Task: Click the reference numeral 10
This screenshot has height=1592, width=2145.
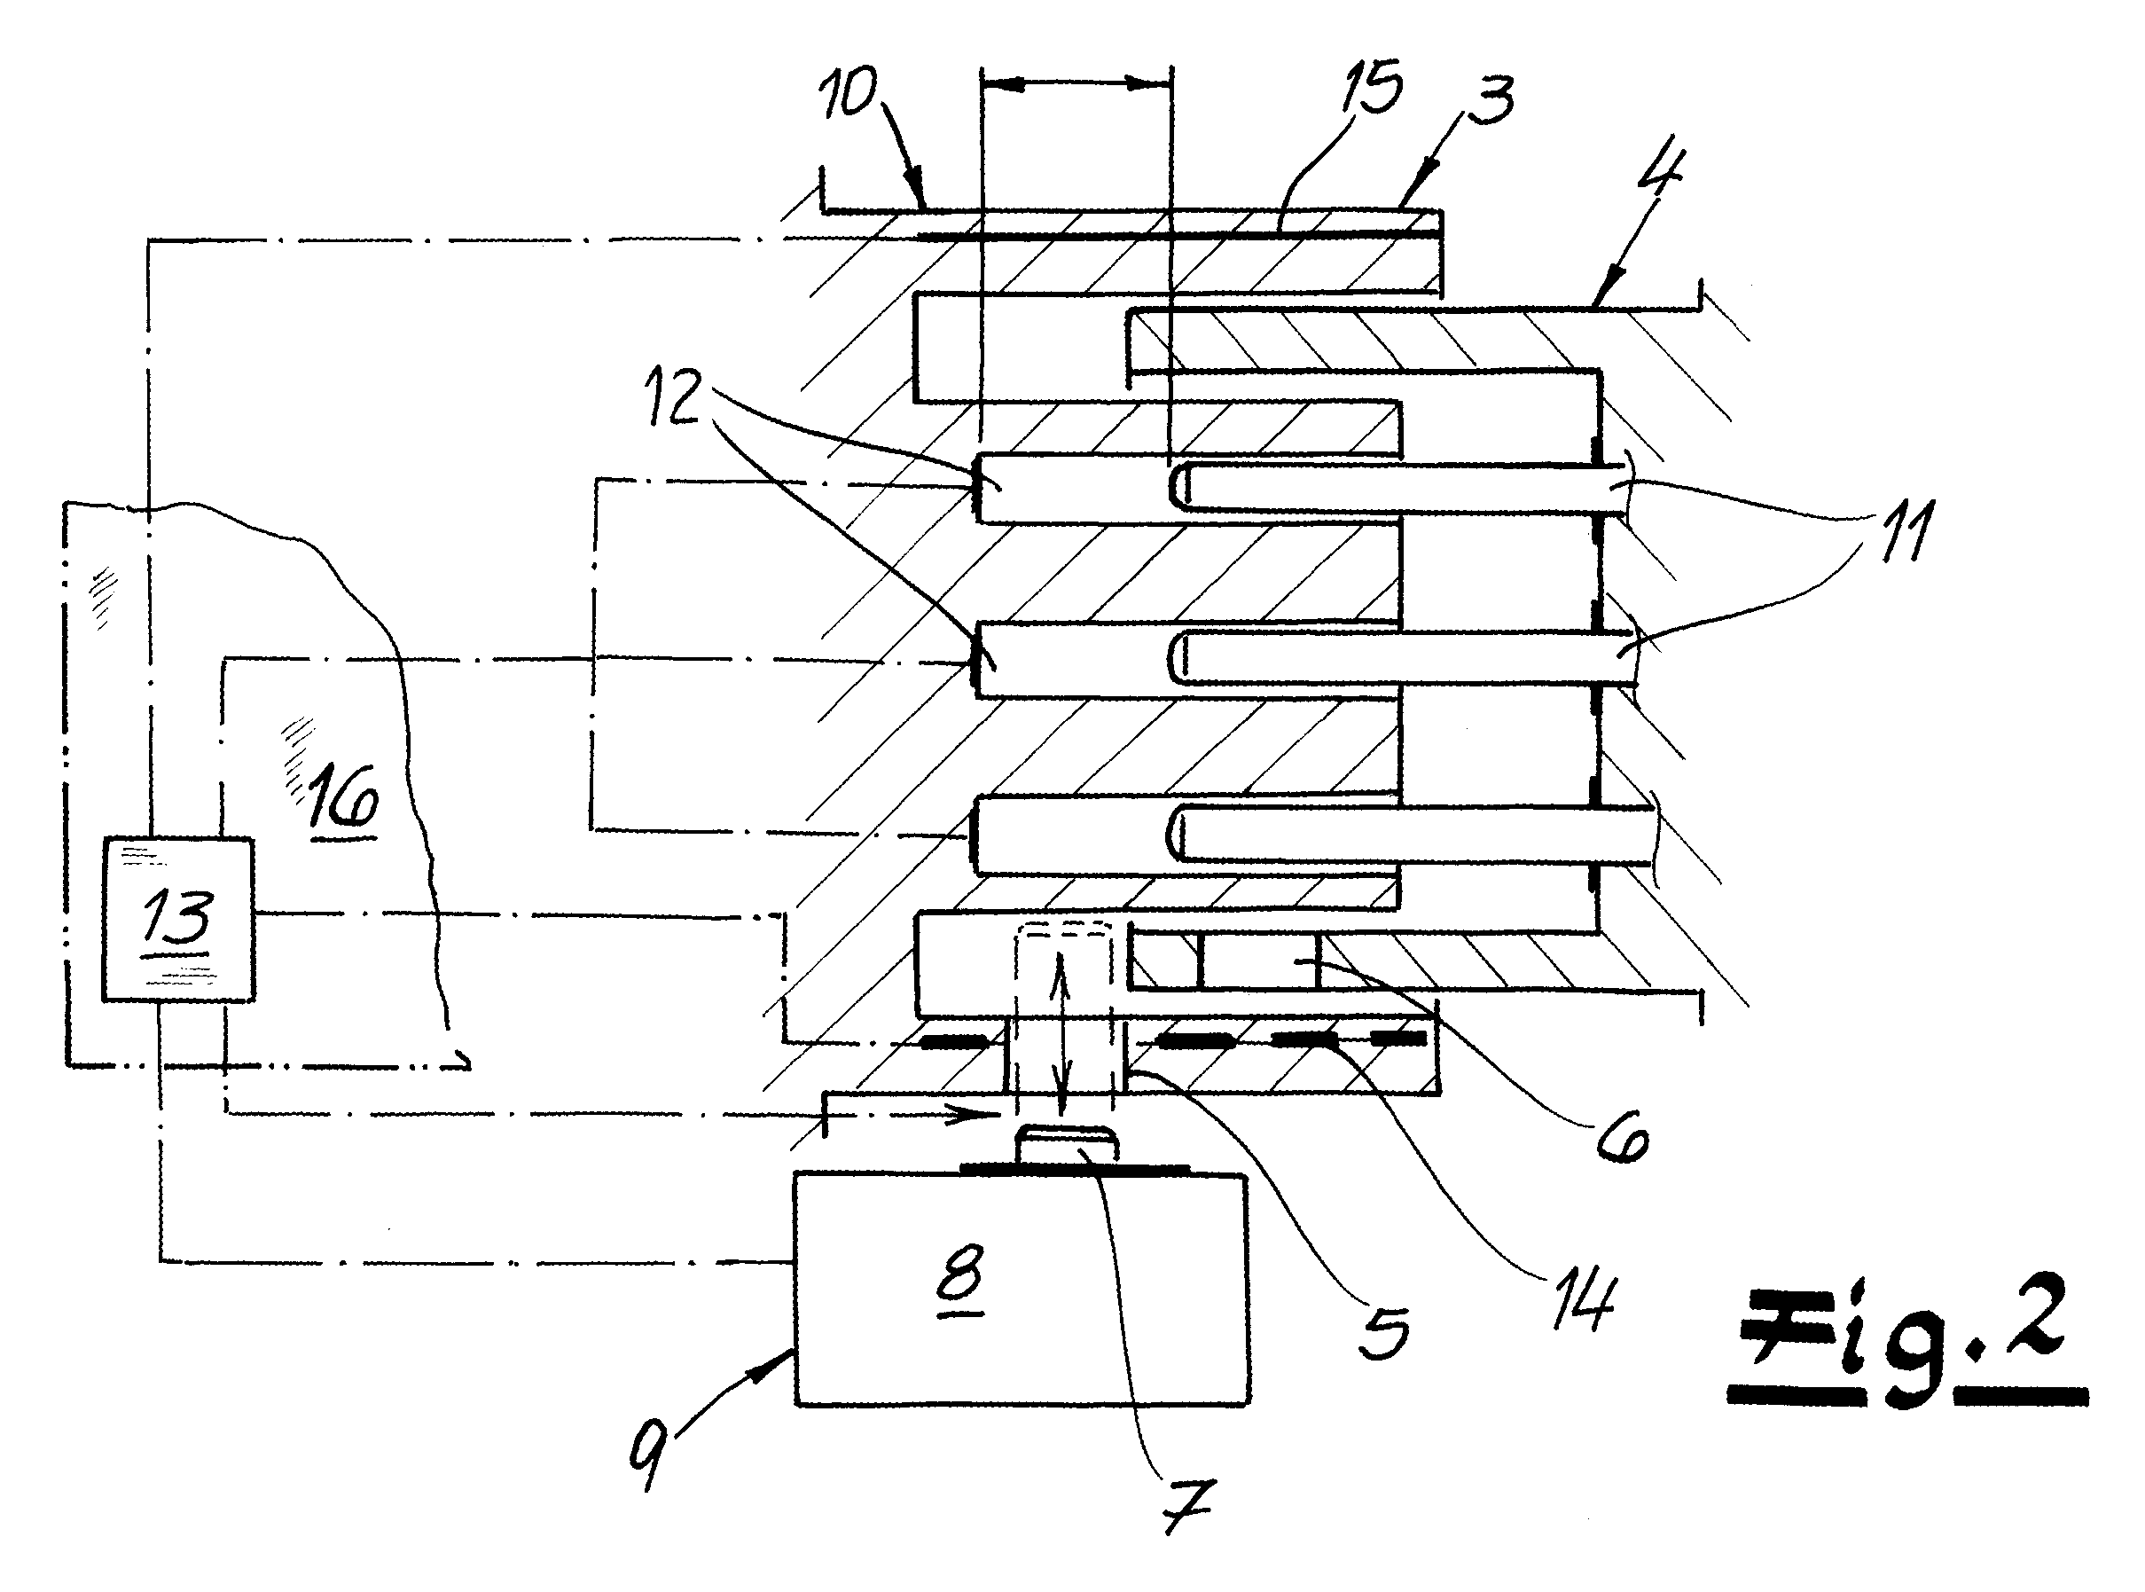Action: pyautogui.click(x=848, y=93)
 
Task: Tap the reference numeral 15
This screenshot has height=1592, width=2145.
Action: pyautogui.click(x=1372, y=88)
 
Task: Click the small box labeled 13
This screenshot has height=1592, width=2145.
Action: pyautogui.click(x=178, y=921)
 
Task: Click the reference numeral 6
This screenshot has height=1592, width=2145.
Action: pyautogui.click(x=1623, y=1139)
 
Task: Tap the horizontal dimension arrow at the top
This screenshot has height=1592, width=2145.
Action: pyautogui.click(x=1076, y=85)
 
